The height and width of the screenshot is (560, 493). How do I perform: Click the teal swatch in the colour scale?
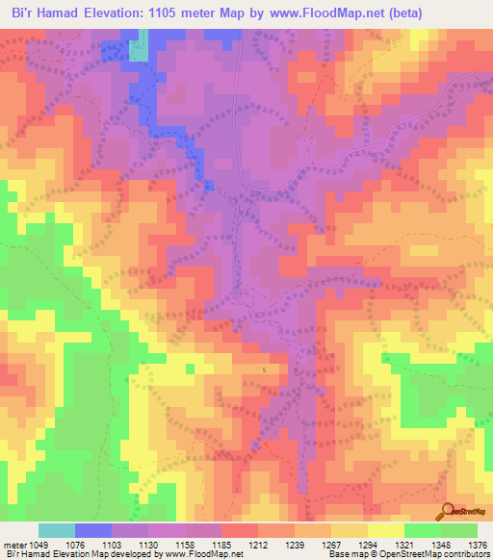pyautogui.click(x=57, y=530)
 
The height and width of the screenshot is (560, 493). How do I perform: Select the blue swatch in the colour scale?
pyautogui.click(x=93, y=530)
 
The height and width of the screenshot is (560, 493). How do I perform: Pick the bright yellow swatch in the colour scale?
pyautogui.click(x=385, y=530)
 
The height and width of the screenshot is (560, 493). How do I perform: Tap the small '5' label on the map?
pyautogui.click(x=265, y=369)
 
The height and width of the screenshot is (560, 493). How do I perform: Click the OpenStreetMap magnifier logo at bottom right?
pyautogui.click(x=447, y=510)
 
